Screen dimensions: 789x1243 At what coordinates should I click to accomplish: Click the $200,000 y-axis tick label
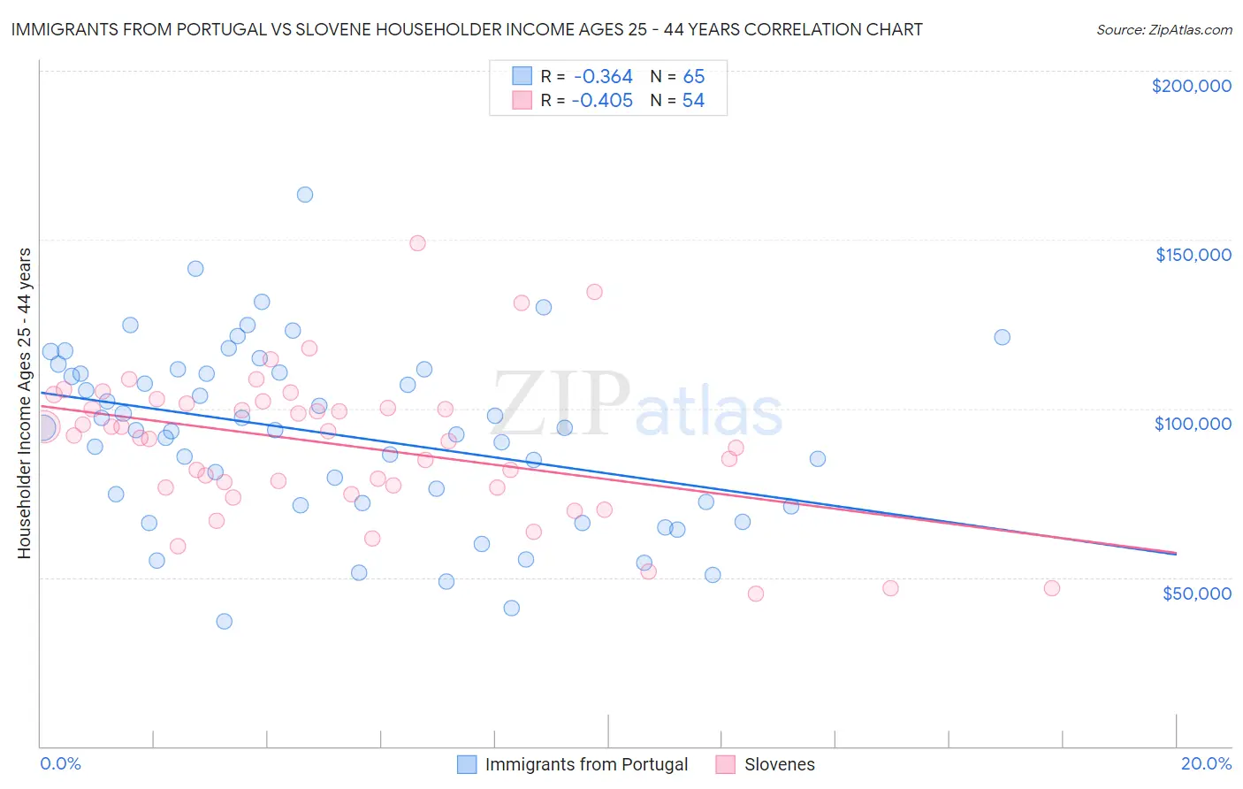(1191, 86)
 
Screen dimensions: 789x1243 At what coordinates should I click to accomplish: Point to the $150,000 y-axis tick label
(1193, 255)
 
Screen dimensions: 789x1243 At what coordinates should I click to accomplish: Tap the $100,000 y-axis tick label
(1193, 424)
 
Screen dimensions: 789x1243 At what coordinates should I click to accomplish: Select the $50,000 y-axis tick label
(1196, 593)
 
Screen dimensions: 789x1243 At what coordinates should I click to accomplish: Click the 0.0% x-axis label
(60, 763)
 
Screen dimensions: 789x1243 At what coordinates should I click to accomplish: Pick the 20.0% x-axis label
(1206, 763)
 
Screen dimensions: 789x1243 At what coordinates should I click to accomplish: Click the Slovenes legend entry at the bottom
(779, 764)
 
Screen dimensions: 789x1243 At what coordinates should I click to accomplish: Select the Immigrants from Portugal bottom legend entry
(586, 764)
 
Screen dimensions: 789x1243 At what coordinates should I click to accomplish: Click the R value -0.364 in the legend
(602, 77)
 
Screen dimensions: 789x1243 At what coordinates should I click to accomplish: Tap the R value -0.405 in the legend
(602, 101)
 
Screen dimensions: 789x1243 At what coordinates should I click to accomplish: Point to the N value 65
(693, 77)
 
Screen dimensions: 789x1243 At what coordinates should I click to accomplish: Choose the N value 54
(693, 101)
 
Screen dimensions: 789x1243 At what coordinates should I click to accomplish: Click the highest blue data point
(305, 195)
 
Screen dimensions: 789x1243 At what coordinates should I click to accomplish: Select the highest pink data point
(417, 243)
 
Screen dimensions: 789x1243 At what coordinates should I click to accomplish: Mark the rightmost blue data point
(1002, 337)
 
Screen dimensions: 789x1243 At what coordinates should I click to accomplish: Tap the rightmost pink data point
(1051, 588)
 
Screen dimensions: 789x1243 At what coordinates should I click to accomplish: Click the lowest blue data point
(225, 621)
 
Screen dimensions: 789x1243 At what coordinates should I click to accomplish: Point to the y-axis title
(24, 402)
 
